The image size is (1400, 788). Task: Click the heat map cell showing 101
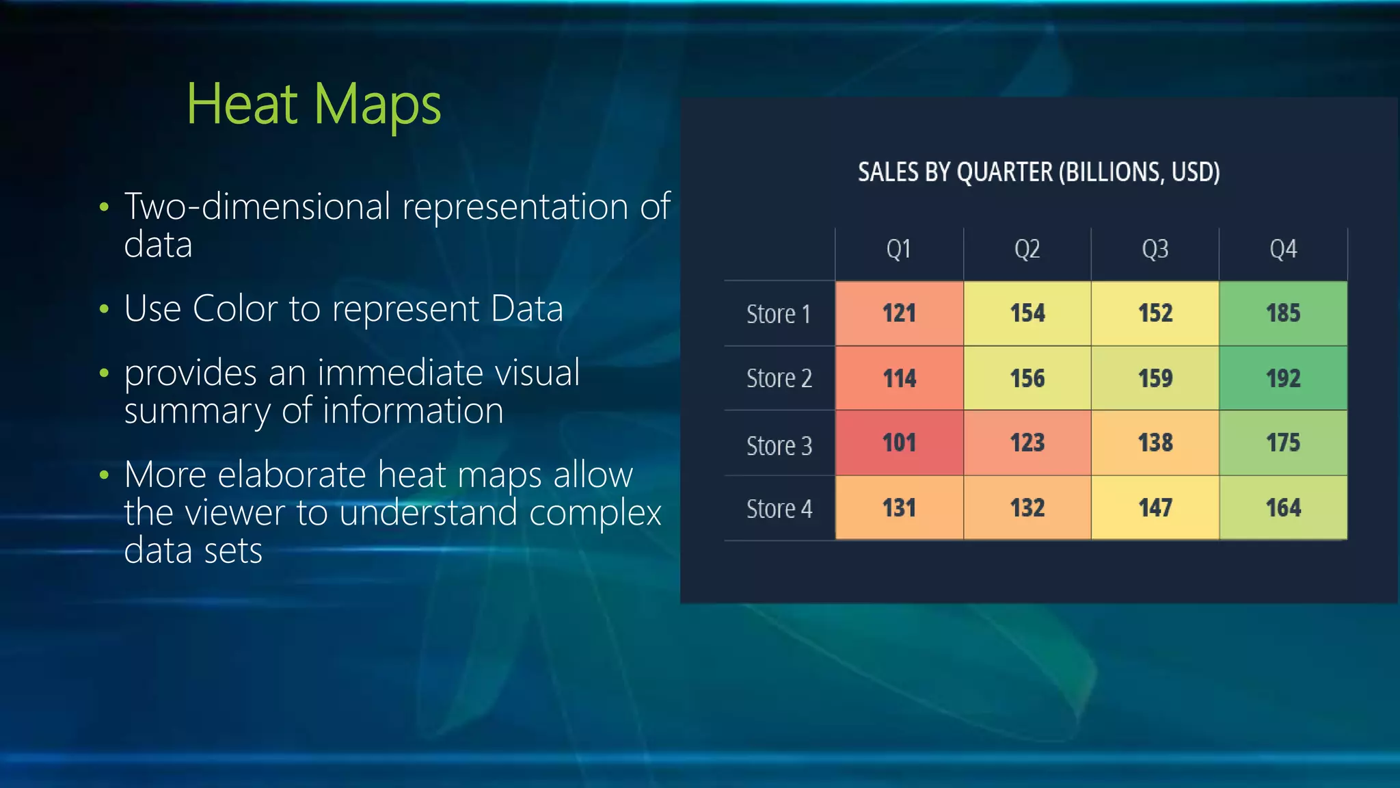tap(899, 443)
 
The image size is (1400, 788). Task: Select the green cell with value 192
tap(1283, 378)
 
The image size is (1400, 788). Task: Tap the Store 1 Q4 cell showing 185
tap(1283, 313)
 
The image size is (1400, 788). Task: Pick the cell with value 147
tap(1155, 508)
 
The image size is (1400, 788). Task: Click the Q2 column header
tap(1027, 249)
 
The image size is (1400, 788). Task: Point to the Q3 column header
tap(1155, 249)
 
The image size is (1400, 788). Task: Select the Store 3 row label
tap(779, 446)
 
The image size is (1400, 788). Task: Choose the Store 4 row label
tap(779, 509)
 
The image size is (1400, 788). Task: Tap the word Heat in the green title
tap(242, 104)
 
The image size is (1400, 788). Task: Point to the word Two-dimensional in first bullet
tap(257, 207)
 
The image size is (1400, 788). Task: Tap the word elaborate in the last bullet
tap(292, 475)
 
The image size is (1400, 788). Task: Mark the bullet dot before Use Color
tap(104, 309)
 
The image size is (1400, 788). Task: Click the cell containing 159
tap(1155, 378)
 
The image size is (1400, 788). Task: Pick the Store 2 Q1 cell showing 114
tap(899, 378)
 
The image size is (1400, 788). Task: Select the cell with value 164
tap(1283, 508)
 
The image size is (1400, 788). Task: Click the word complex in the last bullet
tap(595, 513)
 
